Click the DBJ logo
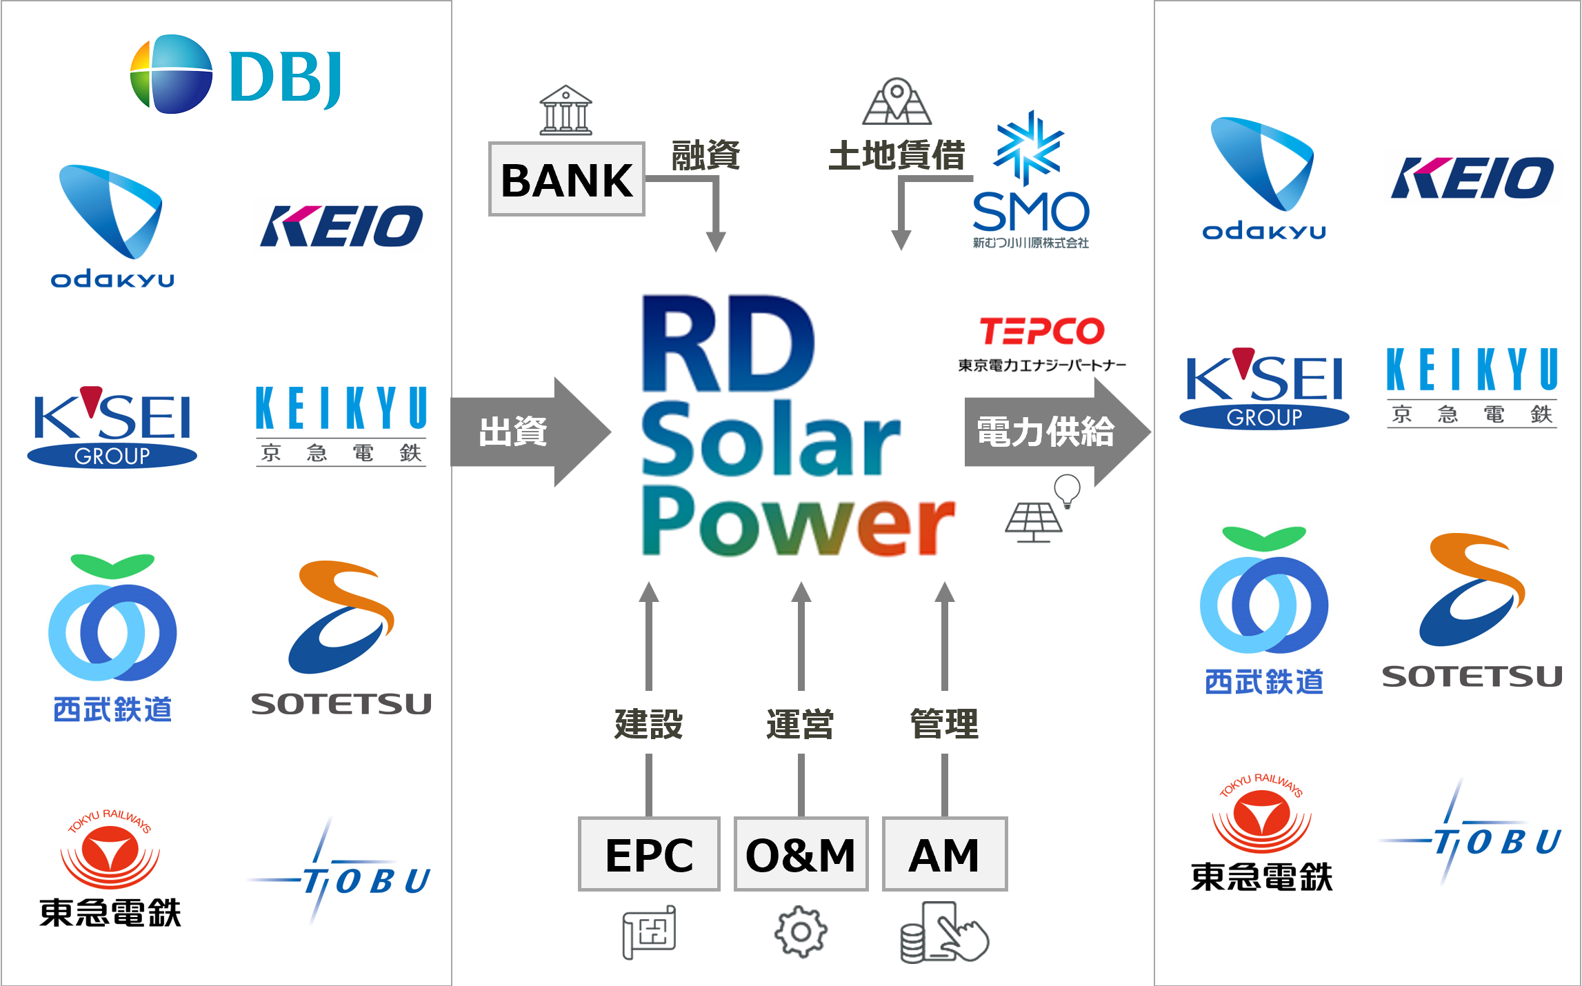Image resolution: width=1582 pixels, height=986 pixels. click(234, 74)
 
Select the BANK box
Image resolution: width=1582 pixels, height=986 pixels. click(566, 179)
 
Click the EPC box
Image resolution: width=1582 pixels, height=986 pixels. click(649, 854)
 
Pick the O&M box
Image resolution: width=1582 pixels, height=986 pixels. click(801, 854)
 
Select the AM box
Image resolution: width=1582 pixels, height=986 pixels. click(944, 854)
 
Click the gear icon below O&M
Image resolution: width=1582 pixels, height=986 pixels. click(801, 932)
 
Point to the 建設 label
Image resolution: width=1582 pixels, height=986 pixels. click(648, 723)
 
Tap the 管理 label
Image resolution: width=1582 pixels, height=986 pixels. click(944, 723)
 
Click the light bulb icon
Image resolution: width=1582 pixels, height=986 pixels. click(1067, 491)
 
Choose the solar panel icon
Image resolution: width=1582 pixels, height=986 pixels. click(1033, 523)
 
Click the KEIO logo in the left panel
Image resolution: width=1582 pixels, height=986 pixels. click(341, 226)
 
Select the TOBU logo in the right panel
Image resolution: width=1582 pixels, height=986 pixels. click(1472, 829)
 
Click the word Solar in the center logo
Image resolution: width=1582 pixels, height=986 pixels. click(771, 439)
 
